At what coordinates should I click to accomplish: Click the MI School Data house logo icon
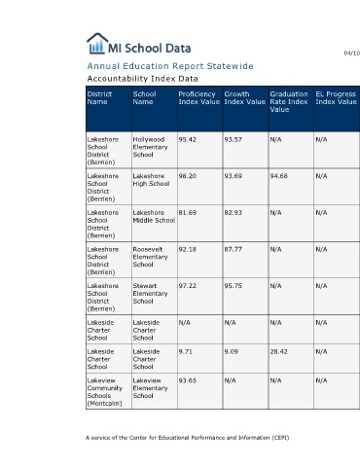[97, 43]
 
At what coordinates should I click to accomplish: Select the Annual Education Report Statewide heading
[170, 66]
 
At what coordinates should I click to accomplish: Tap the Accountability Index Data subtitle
[142, 79]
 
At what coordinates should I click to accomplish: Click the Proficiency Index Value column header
[199, 98]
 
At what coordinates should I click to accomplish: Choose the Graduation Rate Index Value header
[289, 102]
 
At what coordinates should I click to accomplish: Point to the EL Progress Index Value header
[336, 98]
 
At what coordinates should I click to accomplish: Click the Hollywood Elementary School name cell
[150, 147]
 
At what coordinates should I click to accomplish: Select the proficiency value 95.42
[188, 140]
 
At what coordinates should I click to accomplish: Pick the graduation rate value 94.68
[278, 176]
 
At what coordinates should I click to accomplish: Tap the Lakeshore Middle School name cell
[154, 216]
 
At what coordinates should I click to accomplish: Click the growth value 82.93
[233, 213]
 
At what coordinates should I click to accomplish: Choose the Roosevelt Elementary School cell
[150, 257]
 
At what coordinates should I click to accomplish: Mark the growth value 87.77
[233, 249]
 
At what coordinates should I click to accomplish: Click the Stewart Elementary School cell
[150, 294]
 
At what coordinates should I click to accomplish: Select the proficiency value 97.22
[188, 286]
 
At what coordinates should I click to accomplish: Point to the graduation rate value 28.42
[278, 352]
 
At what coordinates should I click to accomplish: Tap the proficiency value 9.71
[185, 352]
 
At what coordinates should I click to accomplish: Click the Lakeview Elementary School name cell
[150, 388]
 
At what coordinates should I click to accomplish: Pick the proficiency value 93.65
[188, 380]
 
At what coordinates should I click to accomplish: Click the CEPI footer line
[188, 438]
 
